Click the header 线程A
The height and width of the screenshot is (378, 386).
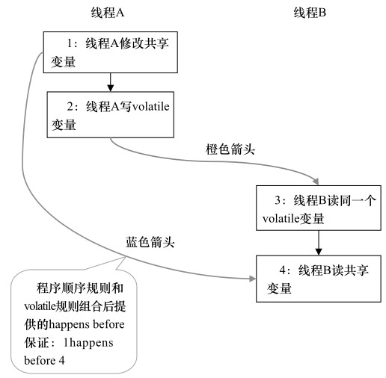tap(109, 13)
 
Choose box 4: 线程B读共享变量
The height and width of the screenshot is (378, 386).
tap(319, 279)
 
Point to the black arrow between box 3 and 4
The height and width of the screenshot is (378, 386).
tap(319, 242)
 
